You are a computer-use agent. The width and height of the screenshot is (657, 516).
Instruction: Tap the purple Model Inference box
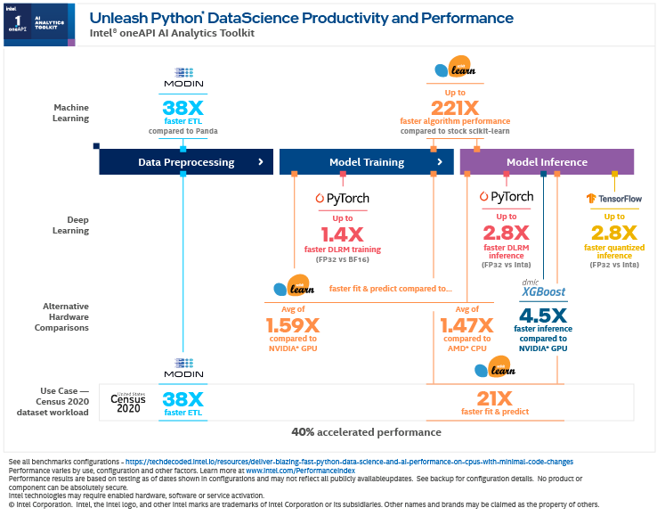click(547, 162)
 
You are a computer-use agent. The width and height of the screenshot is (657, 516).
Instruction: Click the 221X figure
click(455, 107)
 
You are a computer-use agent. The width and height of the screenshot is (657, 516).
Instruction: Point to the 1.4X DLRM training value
click(343, 234)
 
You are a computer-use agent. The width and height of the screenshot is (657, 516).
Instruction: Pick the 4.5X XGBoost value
click(543, 315)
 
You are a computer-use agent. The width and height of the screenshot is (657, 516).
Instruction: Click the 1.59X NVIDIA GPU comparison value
click(293, 325)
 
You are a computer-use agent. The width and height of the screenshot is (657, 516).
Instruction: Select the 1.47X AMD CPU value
click(466, 325)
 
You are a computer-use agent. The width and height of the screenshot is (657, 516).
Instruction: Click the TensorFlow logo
click(614, 198)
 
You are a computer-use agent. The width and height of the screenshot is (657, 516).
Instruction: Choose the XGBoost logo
click(543, 289)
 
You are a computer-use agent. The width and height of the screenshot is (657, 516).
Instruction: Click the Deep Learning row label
click(72, 224)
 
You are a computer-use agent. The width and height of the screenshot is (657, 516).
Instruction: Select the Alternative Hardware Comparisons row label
click(66, 316)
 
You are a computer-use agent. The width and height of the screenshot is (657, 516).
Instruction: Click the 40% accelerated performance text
click(366, 432)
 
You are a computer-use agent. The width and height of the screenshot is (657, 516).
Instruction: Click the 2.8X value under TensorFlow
click(614, 234)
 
